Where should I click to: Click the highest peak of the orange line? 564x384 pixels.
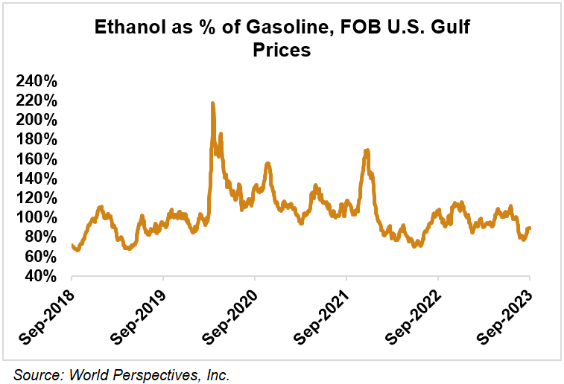tap(212, 103)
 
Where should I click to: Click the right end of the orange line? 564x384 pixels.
tap(530, 228)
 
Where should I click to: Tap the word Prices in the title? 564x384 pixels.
tap(282, 51)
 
